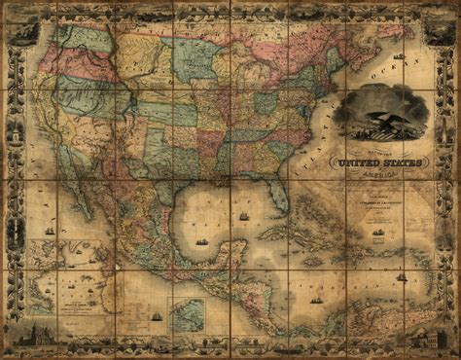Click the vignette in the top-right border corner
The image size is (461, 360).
(x=435, y=28)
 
